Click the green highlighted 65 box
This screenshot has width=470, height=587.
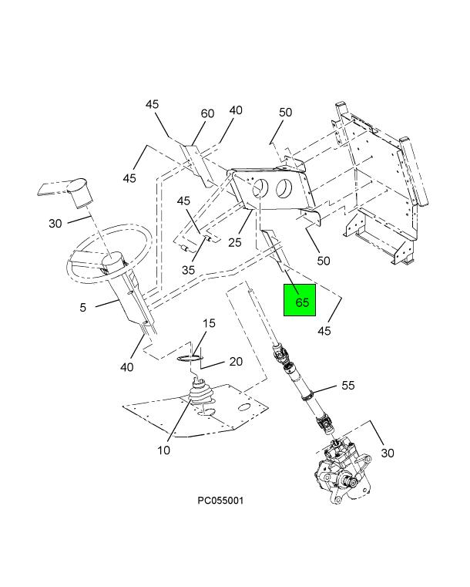pyautogui.click(x=301, y=302)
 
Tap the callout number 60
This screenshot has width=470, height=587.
pyautogui.click(x=207, y=113)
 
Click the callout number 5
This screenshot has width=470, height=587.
pyautogui.click(x=82, y=307)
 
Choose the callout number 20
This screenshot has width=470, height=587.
pyautogui.click(x=236, y=361)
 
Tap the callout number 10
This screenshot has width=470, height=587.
pyautogui.click(x=164, y=450)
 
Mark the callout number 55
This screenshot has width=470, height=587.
pyautogui.click(x=348, y=384)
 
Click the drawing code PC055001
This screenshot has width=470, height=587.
pyautogui.click(x=220, y=501)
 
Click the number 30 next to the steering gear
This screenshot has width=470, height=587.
pyautogui.click(x=387, y=453)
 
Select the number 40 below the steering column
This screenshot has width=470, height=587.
pyautogui.click(x=126, y=367)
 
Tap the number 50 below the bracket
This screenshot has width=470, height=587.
pyautogui.click(x=323, y=261)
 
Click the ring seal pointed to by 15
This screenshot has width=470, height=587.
pyautogui.click(x=189, y=357)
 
